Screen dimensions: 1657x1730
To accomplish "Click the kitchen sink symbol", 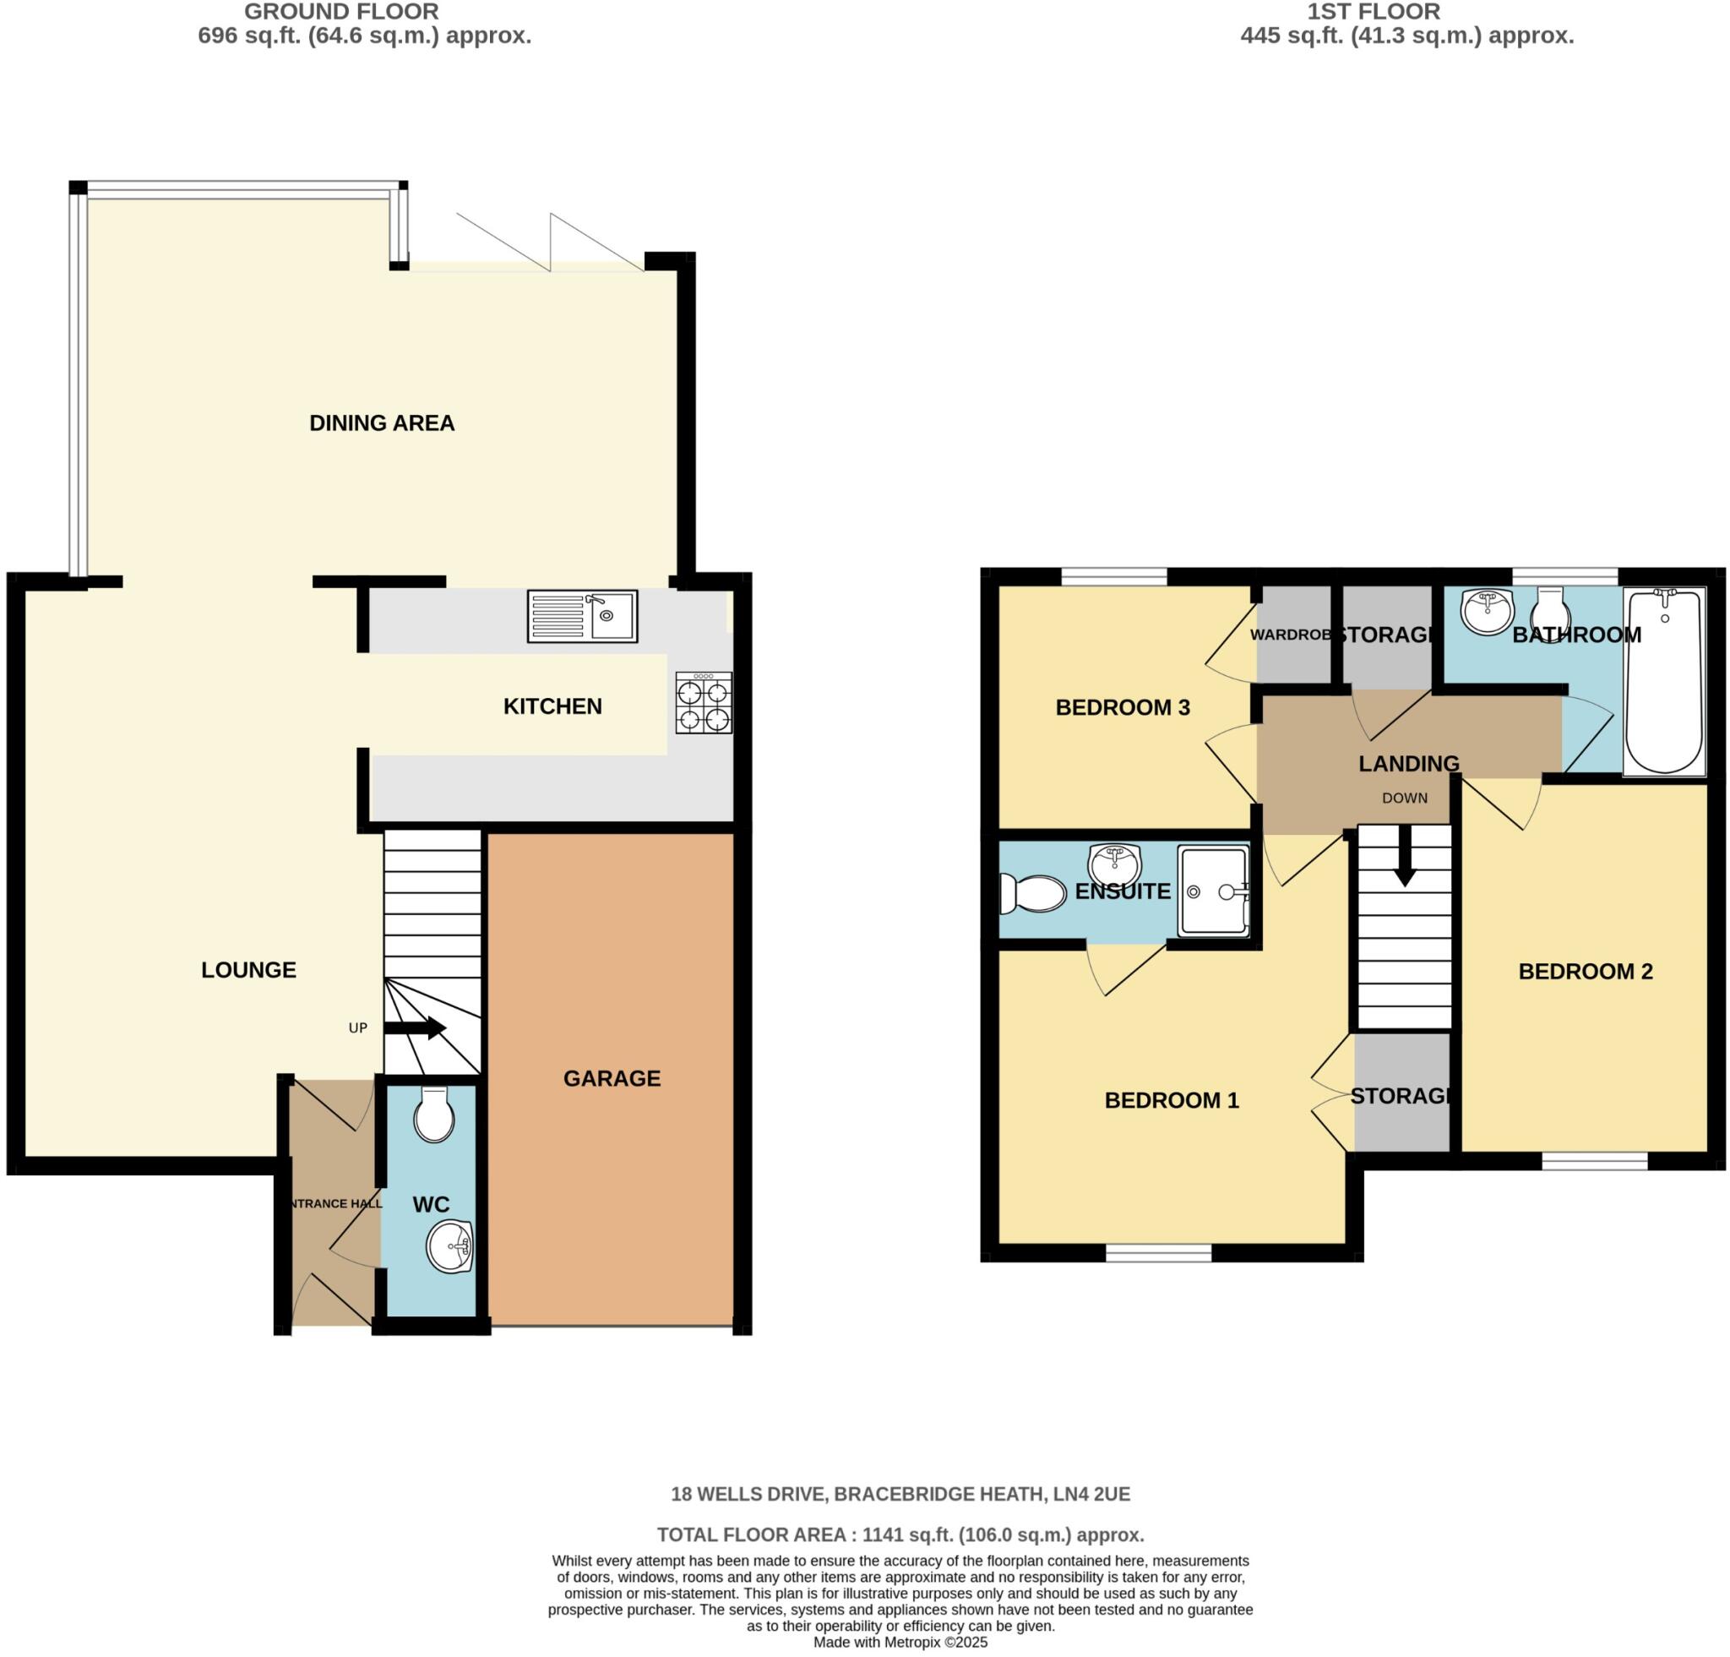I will click(x=582, y=615).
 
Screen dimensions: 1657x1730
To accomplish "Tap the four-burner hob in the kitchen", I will click(x=704, y=703).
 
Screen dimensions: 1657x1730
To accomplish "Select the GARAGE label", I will click(x=612, y=1078).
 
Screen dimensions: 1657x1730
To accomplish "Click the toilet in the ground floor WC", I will click(x=433, y=1116).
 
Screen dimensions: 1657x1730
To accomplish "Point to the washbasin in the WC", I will click(x=450, y=1247).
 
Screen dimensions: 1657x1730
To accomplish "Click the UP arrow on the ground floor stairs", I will click(x=415, y=1027).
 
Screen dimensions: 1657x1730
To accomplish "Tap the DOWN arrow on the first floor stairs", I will click(x=1404, y=860).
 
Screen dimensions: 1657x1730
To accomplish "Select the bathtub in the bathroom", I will click(x=1664, y=682).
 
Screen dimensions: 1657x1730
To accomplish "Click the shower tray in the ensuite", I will click(x=1214, y=891).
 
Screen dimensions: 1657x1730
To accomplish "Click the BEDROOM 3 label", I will click(x=1123, y=707).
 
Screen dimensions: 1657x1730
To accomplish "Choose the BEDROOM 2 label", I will click(x=1586, y=971).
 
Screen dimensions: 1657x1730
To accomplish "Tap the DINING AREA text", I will click(x=381, y=422).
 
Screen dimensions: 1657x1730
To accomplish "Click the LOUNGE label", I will click(x=248, y=969).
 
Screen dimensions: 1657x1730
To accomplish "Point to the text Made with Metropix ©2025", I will click(x=900, y=1643).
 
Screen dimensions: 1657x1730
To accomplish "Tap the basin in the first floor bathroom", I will click(x=1487, y=612).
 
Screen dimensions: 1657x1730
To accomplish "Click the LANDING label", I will click(x=1409, y=763).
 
